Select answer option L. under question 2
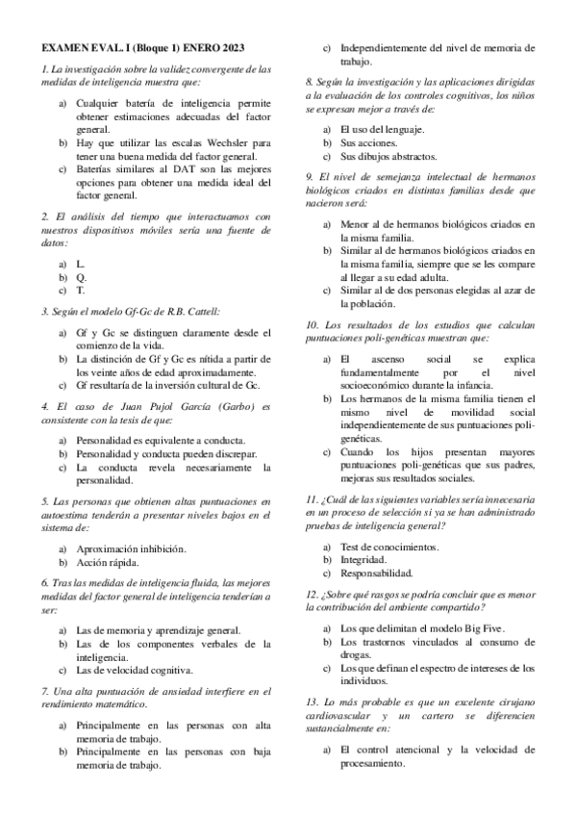pos(80,263)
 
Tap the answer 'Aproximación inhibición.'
pos(131,548)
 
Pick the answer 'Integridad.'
pos(364,561)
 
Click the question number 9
pos(308,177)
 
